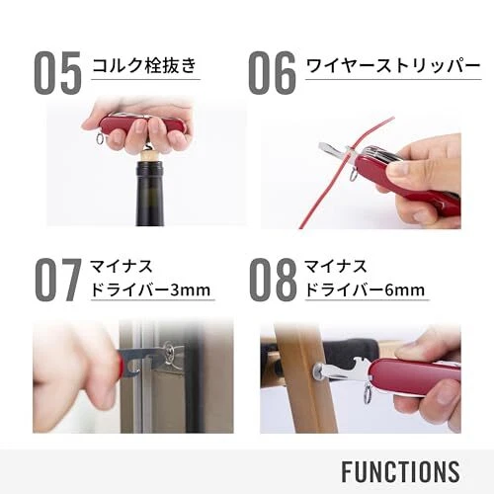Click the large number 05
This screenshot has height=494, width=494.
point(57,73)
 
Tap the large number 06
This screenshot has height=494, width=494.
point(272,73)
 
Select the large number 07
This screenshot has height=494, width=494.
point(58,280)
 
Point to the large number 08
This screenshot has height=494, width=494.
point(273,280)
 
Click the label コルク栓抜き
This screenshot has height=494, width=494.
point(144,65)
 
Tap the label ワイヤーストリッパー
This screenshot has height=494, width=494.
point(393,66)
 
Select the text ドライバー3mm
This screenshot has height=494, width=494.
point(150,289)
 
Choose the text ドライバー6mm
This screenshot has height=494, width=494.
point(365,289)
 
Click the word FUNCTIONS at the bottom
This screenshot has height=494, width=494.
point(400,471)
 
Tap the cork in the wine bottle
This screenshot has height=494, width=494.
point(150,157)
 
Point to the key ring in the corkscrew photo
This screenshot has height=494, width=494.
point(101,138)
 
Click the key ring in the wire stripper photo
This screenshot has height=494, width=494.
point(353,175)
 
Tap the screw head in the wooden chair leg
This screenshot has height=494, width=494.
point(318,370)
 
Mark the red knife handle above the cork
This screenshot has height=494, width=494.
point(142,123)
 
